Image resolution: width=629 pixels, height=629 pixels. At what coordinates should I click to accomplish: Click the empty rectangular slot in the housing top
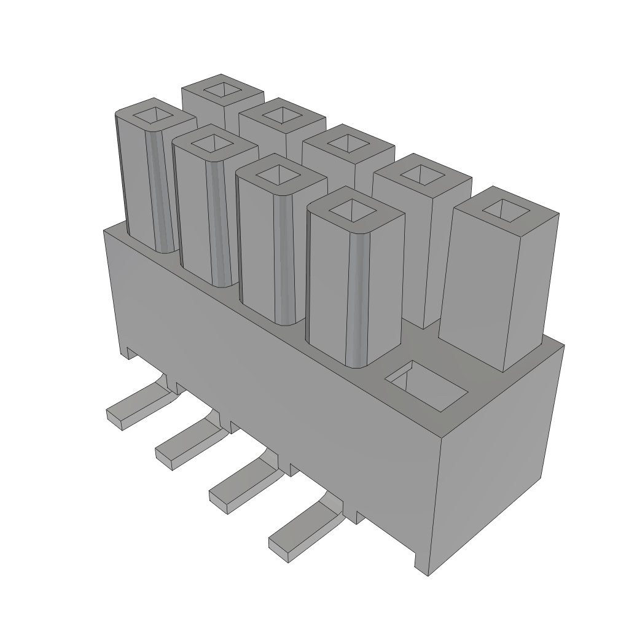[426, 386]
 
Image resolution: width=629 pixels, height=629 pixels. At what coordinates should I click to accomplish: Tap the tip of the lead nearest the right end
[280, 548]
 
